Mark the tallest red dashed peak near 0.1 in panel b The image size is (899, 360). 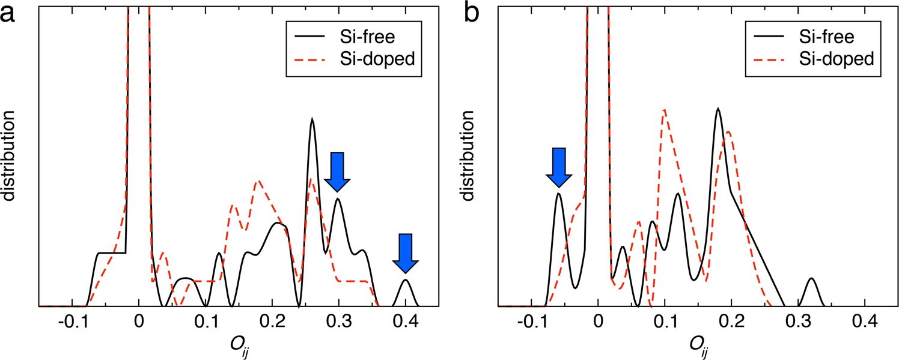coord(664,110)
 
